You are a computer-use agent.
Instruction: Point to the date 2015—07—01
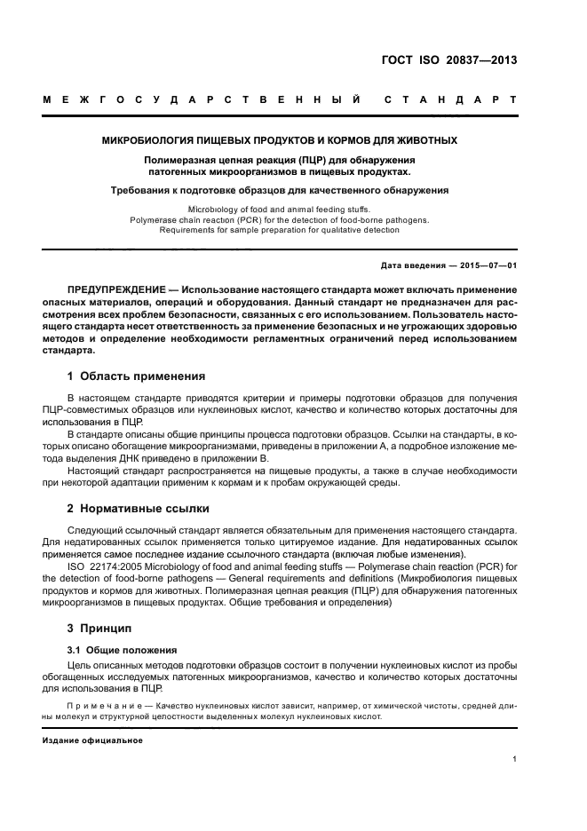(490, 265)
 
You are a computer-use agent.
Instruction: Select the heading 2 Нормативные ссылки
(139, 509)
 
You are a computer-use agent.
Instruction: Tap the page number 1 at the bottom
(515, 759)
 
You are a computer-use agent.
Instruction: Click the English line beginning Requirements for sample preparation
(279, 229)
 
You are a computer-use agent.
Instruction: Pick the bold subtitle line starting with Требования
(279, 189)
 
